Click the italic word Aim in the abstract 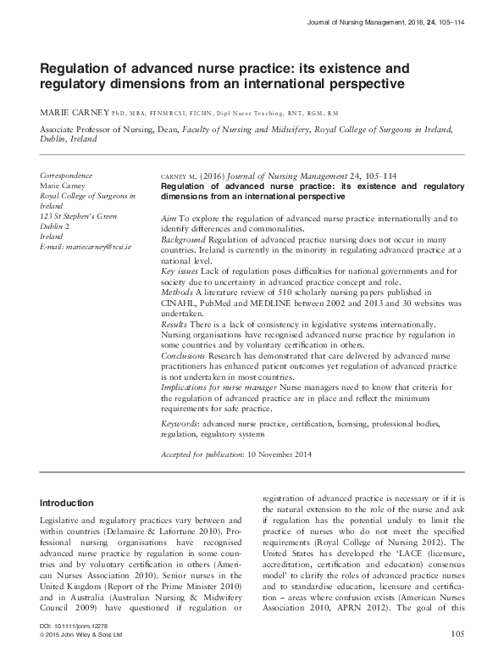pyautogui.click(x=168, y=219)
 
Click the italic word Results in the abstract pyautogui.click(x=174, y=324)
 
